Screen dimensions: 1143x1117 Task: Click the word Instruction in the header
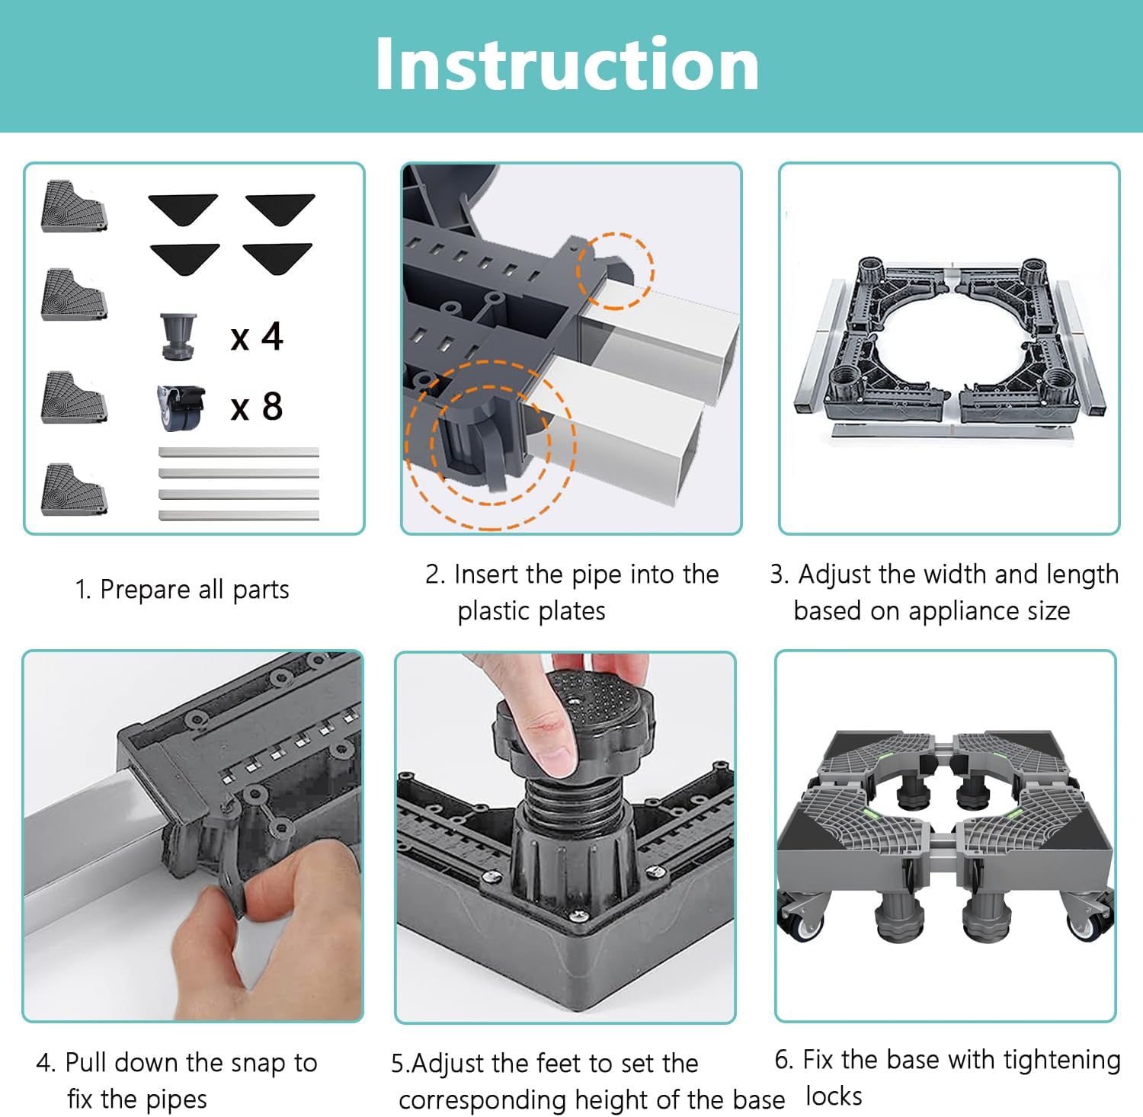[567, 65]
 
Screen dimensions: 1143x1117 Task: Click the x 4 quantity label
[257, 337]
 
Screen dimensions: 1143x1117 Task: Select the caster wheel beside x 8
[181, 408]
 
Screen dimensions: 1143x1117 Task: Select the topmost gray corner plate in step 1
[74, 206]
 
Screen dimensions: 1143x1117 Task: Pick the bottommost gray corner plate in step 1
[74, 490]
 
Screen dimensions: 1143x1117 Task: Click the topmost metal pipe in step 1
[239, 453]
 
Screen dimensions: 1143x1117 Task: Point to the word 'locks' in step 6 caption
[834, 1096]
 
